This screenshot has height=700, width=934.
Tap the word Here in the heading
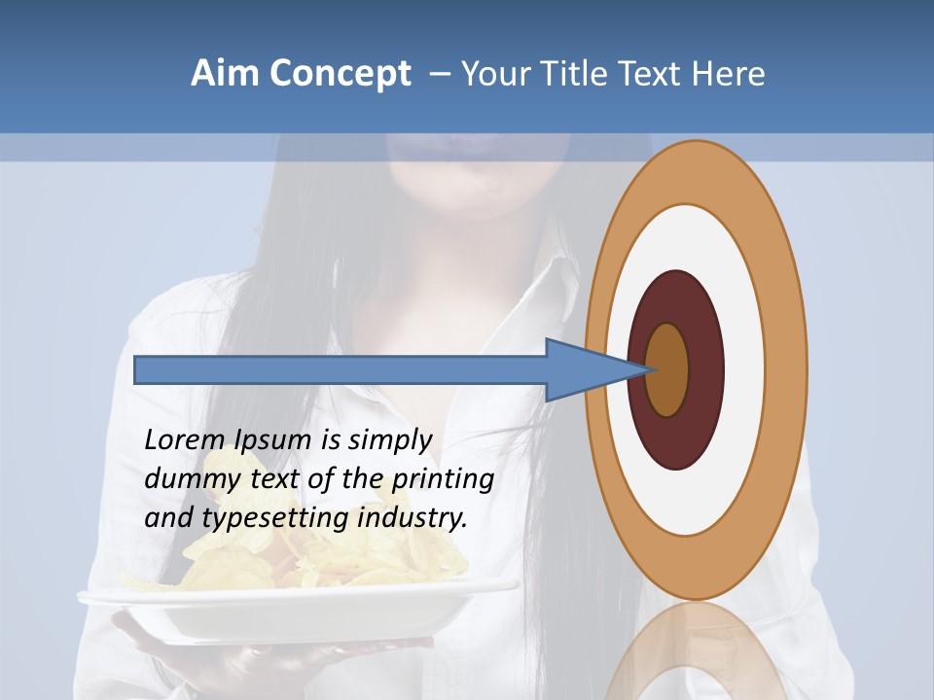[728, 74]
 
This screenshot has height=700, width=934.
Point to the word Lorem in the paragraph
[185, 440]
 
